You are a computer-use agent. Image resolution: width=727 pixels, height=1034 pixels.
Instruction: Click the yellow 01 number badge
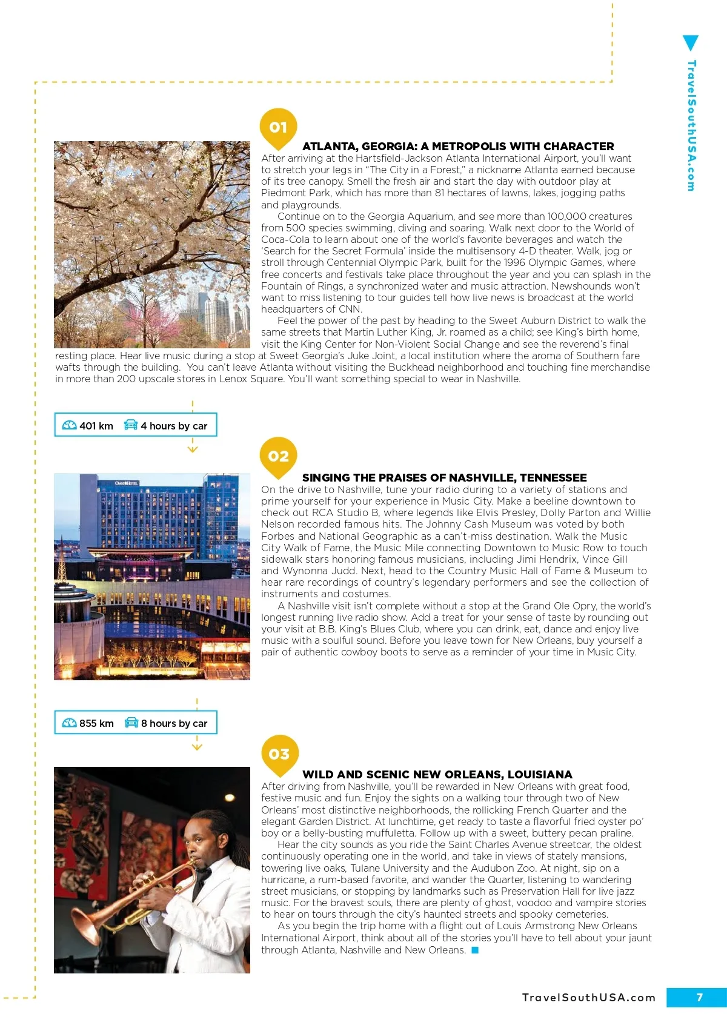pyautogui.click(x=278, y=127)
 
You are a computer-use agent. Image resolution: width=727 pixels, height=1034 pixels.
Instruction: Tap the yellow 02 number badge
pyautogui.click(x=278, y=456)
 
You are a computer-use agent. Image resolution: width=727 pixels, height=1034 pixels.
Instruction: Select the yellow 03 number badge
pyautogui.click(x=279, y=754)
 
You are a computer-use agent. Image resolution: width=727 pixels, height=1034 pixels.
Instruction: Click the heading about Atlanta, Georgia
pyautogui.click(x=458, y=147)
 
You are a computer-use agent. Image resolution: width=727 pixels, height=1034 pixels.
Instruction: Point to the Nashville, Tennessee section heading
pyautogui.click(x=444, y=478)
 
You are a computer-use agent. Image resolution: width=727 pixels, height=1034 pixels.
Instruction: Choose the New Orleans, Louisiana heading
pyautogui.click(x=437, y=775)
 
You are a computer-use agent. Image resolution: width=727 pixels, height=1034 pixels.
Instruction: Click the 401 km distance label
pyautogui.click(x=96, y=426)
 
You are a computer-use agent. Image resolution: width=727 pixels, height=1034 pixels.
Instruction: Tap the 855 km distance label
pyautogui.click(x=96, y=723)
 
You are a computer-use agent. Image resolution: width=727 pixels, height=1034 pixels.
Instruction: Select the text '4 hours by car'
pyautogui.click(x=174, y=426)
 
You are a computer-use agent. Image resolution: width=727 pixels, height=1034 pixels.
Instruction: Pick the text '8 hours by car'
pyautogui.click(x=174, y=723)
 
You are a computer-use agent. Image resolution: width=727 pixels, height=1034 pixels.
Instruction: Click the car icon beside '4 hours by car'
pyautogui.click(x=130, y=425)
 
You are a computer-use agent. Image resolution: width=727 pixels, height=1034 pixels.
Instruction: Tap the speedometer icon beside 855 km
pyautogui.click(x=70, y=723)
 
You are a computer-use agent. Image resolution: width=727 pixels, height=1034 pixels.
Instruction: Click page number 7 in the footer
pyautogui.click(x=699, y=998)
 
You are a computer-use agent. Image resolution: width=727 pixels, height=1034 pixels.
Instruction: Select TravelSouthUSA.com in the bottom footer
pyautogui.click(x=589, y=998)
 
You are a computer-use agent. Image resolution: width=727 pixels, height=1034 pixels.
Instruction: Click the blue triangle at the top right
pyautogui.click(x=690, y=43)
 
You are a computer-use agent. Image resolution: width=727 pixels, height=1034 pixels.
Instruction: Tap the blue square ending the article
pyautogui.click(x=475, y=950)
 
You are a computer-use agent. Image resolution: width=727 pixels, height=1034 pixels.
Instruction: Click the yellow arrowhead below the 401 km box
pyautogui.click(x=193, y=449)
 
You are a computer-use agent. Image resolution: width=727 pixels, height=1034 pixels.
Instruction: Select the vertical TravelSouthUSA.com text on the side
pyautogui.click(x=691, y=125)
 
